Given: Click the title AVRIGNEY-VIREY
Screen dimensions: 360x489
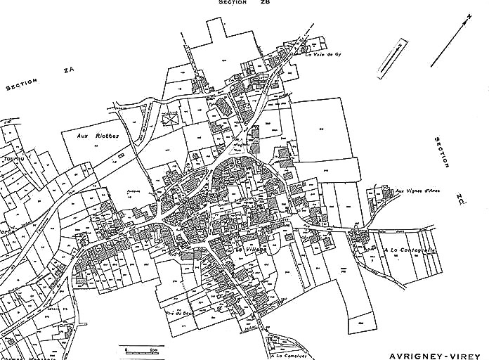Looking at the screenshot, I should [x=432, y=349].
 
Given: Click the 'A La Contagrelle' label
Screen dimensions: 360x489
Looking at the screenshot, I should [x=410, y=250].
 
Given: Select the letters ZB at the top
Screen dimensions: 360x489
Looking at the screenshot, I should [x=265, y=3].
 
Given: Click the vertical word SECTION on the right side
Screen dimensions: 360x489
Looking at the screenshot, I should [x=441, y=152].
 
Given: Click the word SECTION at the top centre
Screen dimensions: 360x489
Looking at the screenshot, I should [x=233, y=3].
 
